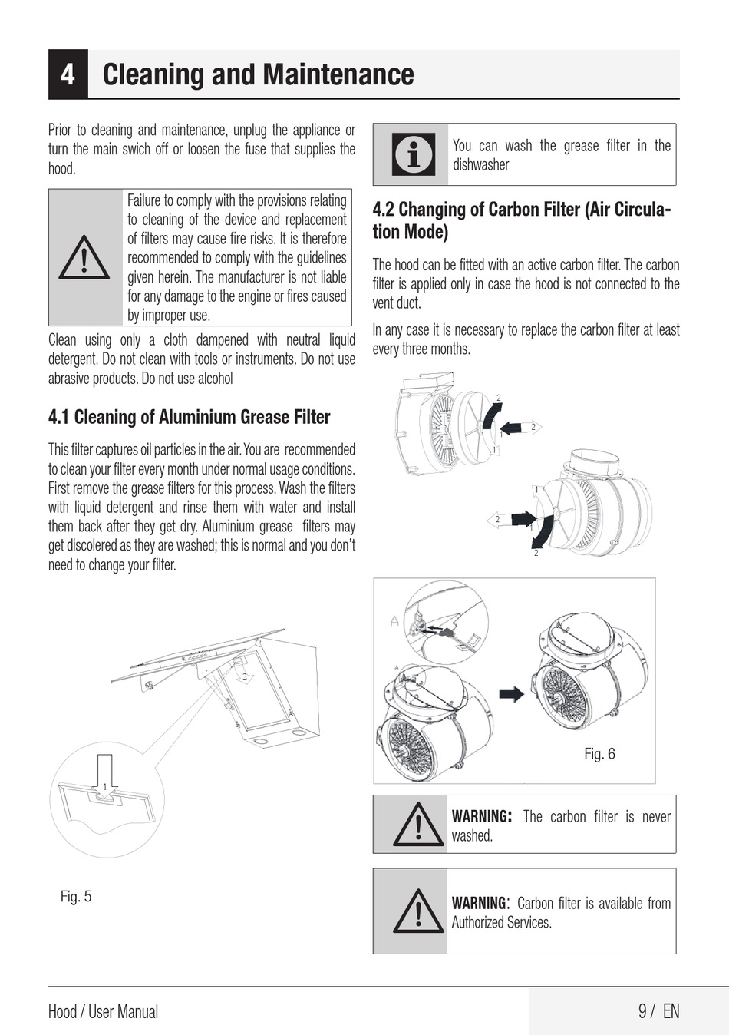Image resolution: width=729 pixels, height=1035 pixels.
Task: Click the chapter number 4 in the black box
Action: pos(68,74)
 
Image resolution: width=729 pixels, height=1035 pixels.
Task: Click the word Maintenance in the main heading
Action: pos(339,74)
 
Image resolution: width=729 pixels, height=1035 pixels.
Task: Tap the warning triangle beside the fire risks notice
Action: pos(84,257)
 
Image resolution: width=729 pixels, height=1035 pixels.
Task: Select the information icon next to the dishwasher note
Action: pos(414,154)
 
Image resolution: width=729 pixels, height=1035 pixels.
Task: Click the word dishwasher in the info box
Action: pos(481,165)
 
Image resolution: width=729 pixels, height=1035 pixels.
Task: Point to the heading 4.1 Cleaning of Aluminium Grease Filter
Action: pos(189,417)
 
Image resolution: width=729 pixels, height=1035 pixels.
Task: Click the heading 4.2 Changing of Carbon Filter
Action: pos(522,220)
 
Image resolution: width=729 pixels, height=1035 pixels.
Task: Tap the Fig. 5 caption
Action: pos(76,896)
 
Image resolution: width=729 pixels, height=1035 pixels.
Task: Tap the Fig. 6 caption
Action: pos(599,753)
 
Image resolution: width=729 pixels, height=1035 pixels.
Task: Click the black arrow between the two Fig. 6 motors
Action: pos(511,694)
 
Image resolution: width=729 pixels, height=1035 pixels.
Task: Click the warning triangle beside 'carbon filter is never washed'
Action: pos(417,825)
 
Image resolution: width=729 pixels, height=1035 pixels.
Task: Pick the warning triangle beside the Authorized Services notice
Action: pos(417,911)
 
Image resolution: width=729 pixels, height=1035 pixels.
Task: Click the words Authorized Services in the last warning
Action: pos(501,922)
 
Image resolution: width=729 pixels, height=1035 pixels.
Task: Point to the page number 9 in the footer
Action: pos(642,1010)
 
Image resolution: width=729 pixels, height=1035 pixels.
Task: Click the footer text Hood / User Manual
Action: pos(103,1011)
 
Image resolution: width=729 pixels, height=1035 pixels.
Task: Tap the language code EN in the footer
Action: pos(671,1010)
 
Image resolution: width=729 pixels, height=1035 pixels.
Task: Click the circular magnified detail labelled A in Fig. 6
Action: pos(446,622)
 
